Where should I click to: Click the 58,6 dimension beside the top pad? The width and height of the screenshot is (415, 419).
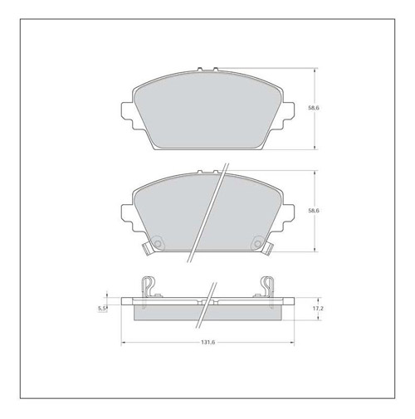[x=314, y=108]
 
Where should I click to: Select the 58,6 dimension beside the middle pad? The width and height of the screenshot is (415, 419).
[x=314, y=211]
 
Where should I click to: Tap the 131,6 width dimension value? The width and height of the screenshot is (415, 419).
[x=207, y=342]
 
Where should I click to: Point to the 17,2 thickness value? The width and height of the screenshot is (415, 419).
[x=318, y=309]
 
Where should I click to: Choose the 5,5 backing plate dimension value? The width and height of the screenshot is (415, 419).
[x=102, y=309]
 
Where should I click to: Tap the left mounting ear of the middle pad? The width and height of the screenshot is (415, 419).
[x=127, y=217]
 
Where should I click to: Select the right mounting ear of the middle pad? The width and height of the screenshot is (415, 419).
[x=288, y=217]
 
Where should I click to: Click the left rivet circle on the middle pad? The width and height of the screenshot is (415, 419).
[x=158, y=244]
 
